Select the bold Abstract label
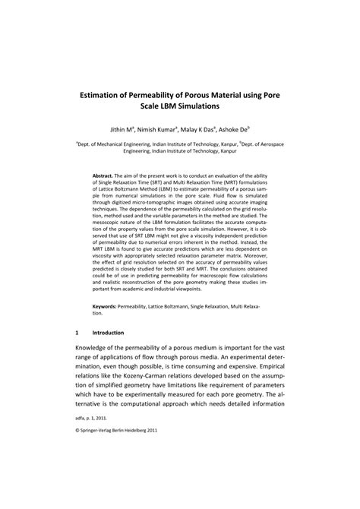pyautogui.click(x=106, y=174)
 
